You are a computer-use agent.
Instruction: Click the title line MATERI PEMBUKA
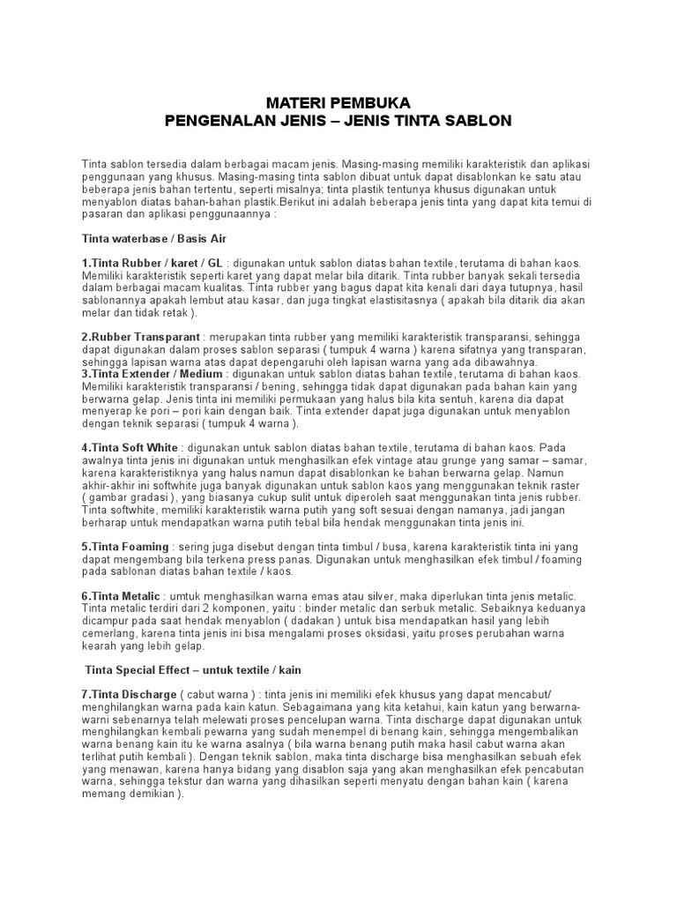pos(338,102)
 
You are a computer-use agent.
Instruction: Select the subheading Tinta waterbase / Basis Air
pos(155,238)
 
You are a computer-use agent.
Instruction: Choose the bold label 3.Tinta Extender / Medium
pos(152,374)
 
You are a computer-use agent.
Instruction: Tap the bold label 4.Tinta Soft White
pos(130,448)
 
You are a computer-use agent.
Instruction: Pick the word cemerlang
pos(109,634)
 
